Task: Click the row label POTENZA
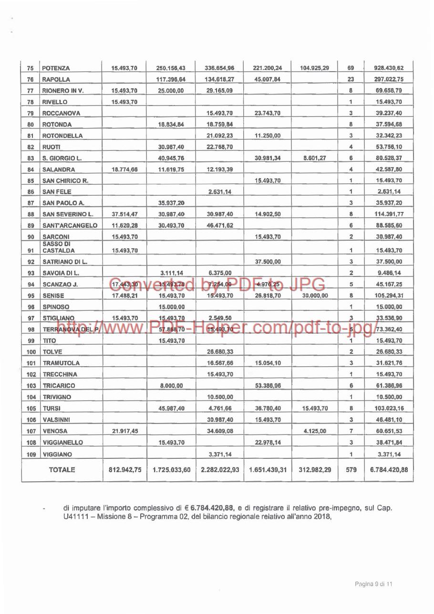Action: (x=56, y=68)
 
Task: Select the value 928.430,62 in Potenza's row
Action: (x=386, y=68)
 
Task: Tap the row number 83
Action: (x=31, y=158)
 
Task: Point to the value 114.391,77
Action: (x=386, y=214)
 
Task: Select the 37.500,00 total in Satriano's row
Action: (x=386, y=262)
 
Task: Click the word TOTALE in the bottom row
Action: (x=62, y=470)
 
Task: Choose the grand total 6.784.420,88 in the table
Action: (x=386, y=470)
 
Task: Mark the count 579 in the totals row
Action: (x=351, y=470)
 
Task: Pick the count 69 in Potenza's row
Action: (x=351, y=68)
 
